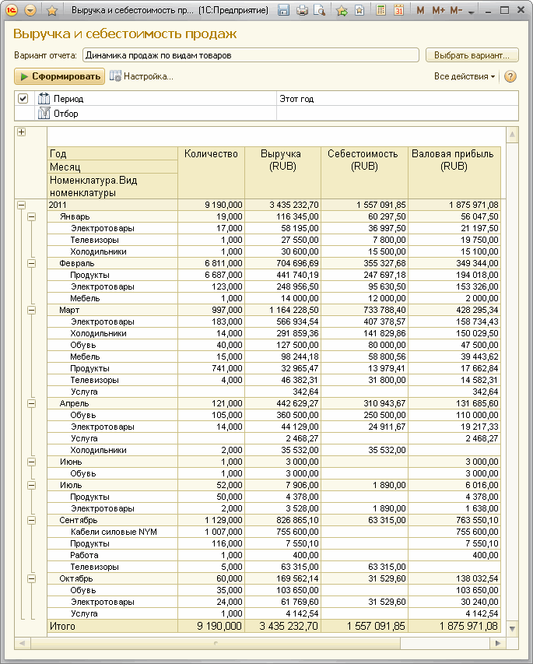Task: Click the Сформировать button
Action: tap(60, 76)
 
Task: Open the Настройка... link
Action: tap(142, 76)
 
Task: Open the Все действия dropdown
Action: tap(465, 76)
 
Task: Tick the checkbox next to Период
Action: tap(23, 99)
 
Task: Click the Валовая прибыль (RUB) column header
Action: tap(454, 160)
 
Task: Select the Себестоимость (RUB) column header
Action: tap(364, 160)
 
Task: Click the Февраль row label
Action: tap(77, 263)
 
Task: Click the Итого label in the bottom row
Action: tap(61, 625)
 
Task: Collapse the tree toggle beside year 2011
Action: tap(21, 205)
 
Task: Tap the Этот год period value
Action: tap(296, 99)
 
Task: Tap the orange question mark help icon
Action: tap(510, 76)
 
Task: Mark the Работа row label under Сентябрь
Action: tap(84, 555)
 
